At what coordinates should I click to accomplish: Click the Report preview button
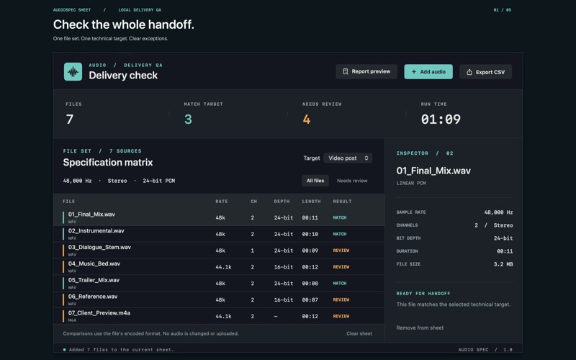click(366, 71)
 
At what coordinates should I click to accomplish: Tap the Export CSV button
click(485, 72)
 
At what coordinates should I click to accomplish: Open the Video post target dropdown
click(348, 158)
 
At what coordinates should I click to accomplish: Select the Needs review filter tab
click(352, 181)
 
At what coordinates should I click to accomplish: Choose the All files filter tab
click(315, 181)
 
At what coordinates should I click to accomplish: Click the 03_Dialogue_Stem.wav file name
click(99, 247)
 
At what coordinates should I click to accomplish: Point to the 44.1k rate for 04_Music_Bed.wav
click(223, 267)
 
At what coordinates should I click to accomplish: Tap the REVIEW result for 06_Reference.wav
click(341, 300)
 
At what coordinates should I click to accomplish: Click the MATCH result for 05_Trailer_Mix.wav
click(339, 283)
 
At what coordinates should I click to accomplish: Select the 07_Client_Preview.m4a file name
click(99, 313)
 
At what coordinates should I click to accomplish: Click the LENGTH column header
click(311, 202)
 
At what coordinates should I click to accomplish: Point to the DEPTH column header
click(282, 202)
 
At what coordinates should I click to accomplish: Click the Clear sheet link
click(359, 333)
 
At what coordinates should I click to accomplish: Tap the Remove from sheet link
click(420, 328)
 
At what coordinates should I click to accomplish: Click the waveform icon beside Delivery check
click(73, 71)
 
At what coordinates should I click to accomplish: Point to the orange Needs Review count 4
click(307, 120)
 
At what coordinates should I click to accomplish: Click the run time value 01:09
click(441, 120)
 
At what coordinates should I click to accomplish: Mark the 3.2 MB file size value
click(503, 264)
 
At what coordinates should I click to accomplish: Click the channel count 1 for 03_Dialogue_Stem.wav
click(253, 251)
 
